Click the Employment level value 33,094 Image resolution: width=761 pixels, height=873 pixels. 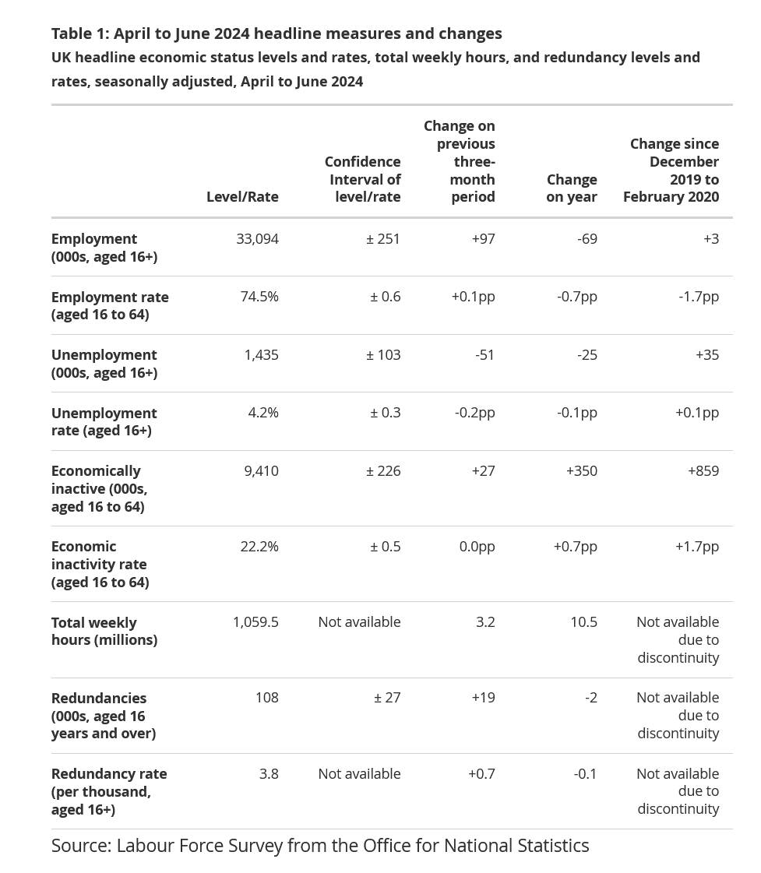click(x=257, y=239)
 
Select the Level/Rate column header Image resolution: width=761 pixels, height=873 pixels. click(x=242, y=196)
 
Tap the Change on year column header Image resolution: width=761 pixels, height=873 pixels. click(x=572, y=188)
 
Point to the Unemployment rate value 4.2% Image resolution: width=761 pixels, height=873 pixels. click(x=263, y=413)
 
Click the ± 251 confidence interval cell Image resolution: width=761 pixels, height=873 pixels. click(x=383, y=239)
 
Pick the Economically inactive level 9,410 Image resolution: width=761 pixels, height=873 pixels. click(x=261, y=471)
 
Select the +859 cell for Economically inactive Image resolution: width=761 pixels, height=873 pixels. click(x=703, y=471)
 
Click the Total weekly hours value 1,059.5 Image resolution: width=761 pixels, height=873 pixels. click(x=255, y=622)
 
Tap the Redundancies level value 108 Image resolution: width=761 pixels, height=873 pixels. click(x=267, y=698)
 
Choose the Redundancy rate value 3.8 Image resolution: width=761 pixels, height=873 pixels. click(x=269, y=774)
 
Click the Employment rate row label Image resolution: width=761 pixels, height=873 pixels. click(x=110, y=305)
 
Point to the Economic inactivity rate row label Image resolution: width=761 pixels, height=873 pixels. click(x=100, y=564)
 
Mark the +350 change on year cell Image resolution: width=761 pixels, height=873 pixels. click(x=582, y=471)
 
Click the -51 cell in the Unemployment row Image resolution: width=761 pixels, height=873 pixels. click(x=485, y=354)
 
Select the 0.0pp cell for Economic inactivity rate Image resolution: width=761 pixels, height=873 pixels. click(x=477, y=547)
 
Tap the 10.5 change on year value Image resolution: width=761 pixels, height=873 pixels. click(x=584, y=622)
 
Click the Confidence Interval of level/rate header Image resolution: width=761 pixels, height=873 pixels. click(x=363, y=179)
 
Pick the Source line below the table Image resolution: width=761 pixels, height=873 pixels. click(x=320, y=845)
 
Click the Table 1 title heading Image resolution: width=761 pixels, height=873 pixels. click(x=277, y=33)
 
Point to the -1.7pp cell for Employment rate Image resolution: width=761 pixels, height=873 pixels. click(x=699, y=297)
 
